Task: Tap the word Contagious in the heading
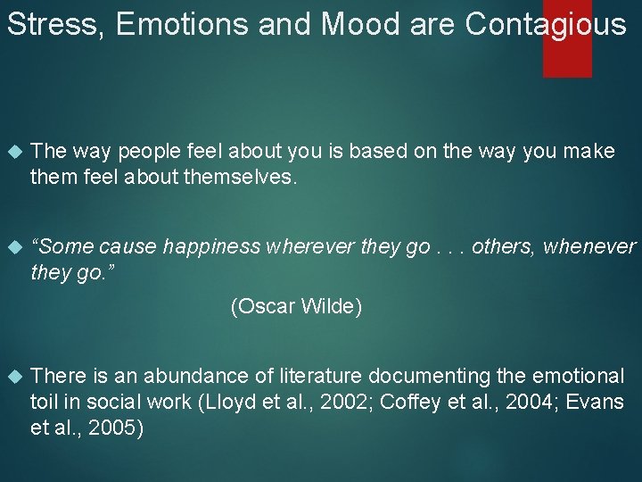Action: click(546, 24)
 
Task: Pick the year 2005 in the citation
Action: click(106, 428)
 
